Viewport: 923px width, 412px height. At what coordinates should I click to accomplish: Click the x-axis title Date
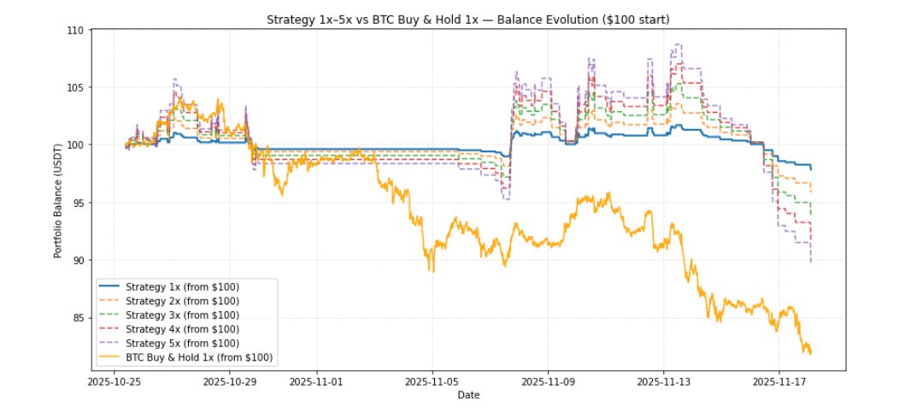(x=467, y=395)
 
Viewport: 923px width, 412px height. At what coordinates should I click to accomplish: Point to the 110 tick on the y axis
(x=74, y=30)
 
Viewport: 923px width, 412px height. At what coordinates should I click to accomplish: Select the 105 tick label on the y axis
(x=74, y=87)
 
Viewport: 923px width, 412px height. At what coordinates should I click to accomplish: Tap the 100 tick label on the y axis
(x=74, y=144)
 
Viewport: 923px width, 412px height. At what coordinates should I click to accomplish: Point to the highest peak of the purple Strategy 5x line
(x=678, y=44)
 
